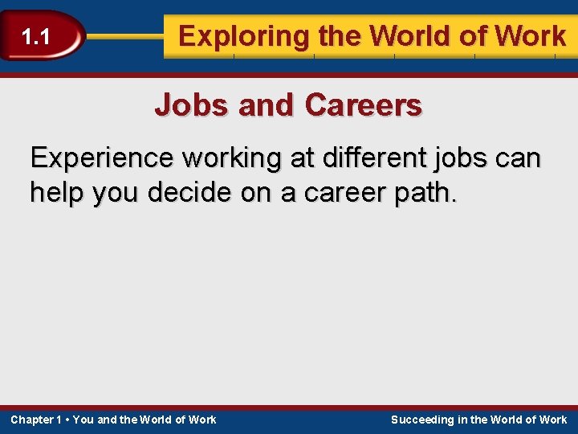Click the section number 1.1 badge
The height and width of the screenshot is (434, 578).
click(35, 36)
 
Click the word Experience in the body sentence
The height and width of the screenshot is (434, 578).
click(102, 158)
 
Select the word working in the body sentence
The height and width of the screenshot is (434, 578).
click(234, 158)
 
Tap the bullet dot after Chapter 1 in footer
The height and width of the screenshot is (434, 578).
click(67, 420)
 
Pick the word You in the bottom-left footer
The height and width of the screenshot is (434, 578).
click(83, 420)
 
